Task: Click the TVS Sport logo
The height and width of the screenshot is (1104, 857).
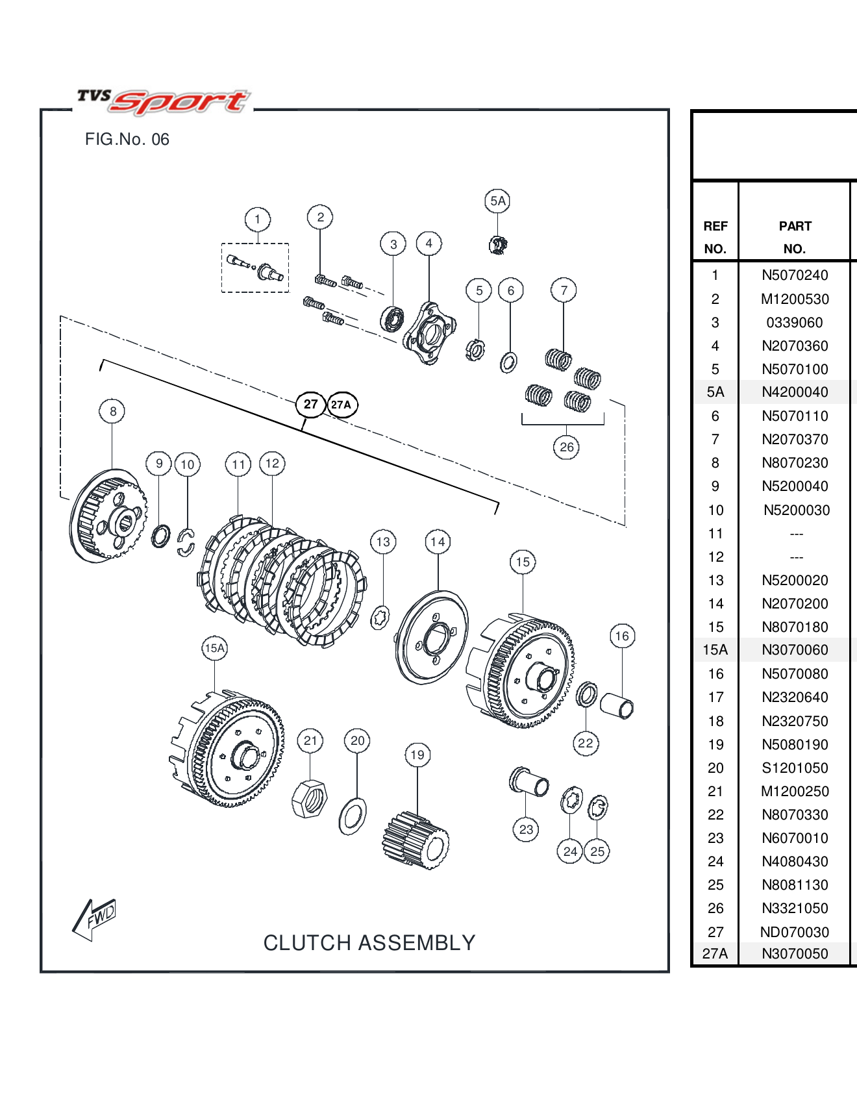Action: (162, 101)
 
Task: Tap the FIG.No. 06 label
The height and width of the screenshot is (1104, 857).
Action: (127, 140)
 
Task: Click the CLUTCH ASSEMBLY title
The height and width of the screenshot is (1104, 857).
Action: (369, 943)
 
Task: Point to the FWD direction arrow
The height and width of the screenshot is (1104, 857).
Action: (95, 918)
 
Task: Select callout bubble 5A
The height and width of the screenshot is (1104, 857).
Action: (497, 201)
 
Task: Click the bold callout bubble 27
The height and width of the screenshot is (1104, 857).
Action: (310, 405)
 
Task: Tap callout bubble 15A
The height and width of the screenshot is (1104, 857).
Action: (214, 648)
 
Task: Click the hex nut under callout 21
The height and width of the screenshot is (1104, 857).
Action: (310, 799)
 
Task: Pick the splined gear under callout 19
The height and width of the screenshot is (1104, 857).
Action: (416, 840)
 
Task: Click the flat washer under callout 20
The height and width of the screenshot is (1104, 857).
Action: (353, 816)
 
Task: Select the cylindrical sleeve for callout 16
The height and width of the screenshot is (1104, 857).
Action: (617, 707)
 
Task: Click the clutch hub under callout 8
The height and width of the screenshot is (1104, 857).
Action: (108, 516)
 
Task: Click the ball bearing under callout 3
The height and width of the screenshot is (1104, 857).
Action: (391, 319)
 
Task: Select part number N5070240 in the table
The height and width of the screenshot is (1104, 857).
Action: (795, 275)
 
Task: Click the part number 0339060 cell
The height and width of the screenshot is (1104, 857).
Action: (794, 323)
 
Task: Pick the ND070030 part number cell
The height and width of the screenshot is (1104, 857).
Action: (794, 933)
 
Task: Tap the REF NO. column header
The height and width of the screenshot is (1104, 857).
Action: (715, 237)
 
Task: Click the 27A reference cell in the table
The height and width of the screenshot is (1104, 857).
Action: (715, 954)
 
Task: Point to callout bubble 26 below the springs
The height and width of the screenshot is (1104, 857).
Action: (566, 447)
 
